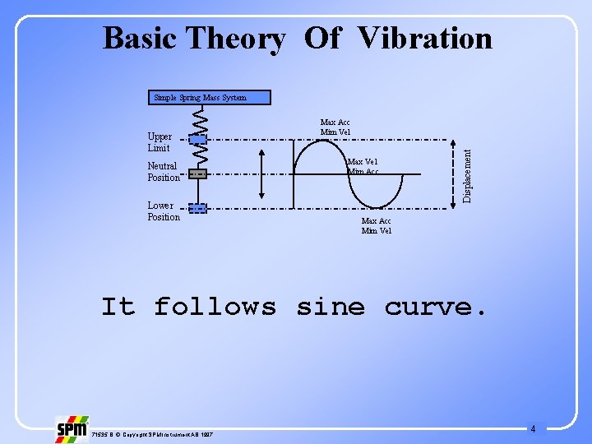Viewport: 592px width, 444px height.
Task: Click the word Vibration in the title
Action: [425, 38]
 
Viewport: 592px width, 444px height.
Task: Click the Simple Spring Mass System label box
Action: [200, 97]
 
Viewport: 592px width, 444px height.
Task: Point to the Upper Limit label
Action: [160, 142]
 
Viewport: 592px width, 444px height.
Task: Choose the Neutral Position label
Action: [163, 171]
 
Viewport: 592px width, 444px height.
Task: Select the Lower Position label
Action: [164, 211]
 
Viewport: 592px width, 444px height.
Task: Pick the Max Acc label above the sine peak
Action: [335, 127]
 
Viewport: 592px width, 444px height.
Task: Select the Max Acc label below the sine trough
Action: [377, 225]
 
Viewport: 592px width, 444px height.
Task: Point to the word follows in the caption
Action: [215, 307]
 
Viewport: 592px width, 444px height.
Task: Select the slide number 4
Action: [533, 428]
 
